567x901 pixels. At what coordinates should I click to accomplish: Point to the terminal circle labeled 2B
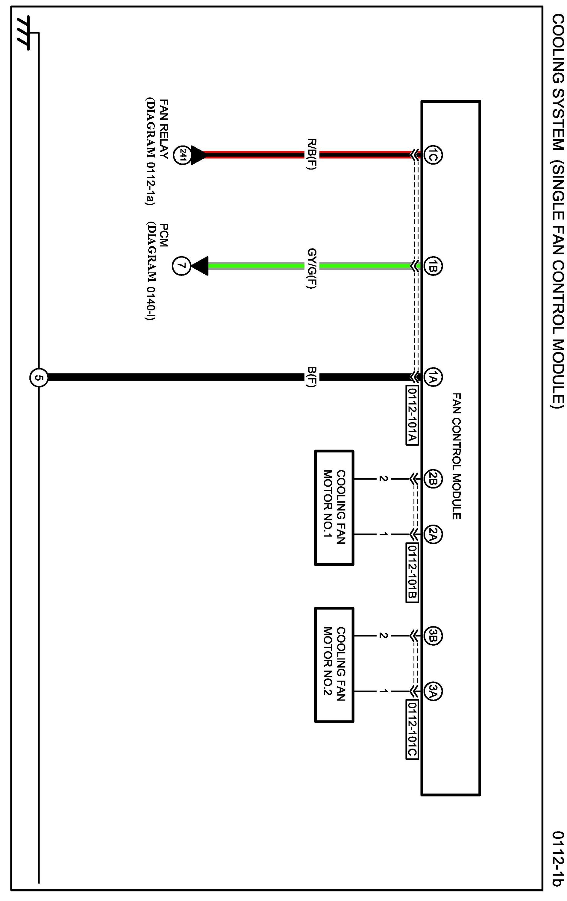(433, 479)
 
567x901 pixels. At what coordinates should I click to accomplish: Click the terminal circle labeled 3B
(433, 636)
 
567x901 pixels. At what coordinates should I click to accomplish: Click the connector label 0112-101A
(412, 415)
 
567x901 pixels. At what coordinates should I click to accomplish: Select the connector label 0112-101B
(412, 572)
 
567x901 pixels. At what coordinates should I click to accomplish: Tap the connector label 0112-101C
(412, 730)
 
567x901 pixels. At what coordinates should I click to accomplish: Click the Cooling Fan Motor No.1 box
(334, 508)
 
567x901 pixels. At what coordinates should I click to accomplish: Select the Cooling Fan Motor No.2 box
(334, 664)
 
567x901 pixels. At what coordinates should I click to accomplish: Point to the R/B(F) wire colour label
(312, 154)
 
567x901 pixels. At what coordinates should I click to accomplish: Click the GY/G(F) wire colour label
(312, 268)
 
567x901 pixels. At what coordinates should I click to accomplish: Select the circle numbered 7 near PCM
(181, 266)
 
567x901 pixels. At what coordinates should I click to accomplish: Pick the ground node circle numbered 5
(39, 378)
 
